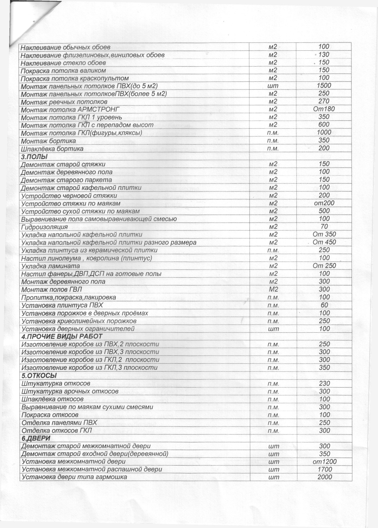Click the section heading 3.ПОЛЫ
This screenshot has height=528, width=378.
[x=34, y=157]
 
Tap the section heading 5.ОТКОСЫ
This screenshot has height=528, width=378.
[x=39, y=376]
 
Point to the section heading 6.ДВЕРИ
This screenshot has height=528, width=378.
[x=36, y=438]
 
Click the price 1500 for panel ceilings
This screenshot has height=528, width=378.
[x=324, y=86]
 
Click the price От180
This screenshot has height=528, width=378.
[x=324, y=109]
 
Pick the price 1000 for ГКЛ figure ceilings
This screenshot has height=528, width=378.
[x=324, y=132]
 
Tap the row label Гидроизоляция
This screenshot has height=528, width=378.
[x=45, y=227]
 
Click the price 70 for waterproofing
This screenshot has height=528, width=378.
[x=324, y=226]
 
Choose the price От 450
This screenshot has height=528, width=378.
[x=324, y=242]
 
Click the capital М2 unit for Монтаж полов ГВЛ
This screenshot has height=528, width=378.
[x=273, y=290]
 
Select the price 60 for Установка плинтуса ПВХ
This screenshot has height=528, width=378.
[x=324, y=305]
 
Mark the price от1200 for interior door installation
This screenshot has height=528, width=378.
[x=324, y=462]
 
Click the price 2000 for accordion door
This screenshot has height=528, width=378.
[x=324, y=477]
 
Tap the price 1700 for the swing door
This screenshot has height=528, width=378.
[x=324, y=469]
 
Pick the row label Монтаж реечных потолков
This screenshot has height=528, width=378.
[x=64, y=102]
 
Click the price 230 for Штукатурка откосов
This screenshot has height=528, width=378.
[x=324, y=383]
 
